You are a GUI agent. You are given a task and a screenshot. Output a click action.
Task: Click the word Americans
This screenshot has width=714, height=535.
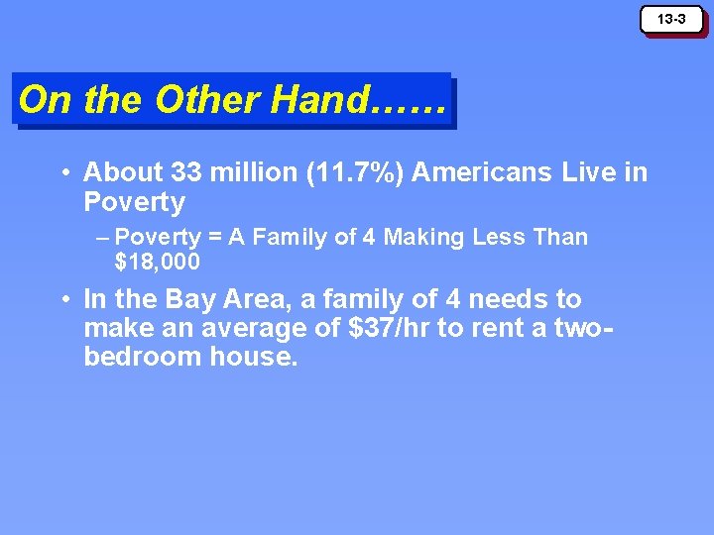coord(482,172)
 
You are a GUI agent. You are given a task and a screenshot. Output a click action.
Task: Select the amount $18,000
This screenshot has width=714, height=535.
coord(158,263)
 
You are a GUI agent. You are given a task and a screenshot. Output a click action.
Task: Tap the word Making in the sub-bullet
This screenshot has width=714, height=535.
coord(420,238)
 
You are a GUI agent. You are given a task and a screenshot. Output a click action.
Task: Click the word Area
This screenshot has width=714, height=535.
coord(260,299)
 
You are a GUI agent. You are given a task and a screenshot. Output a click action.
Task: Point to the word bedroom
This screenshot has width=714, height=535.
coord(143,358)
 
